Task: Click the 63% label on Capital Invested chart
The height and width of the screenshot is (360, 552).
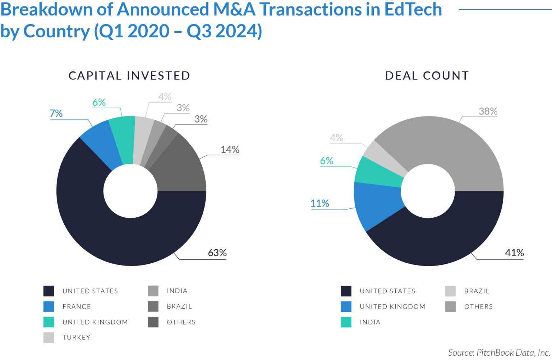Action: tap(217, 253)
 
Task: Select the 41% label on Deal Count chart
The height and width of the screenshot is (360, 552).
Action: tap(514, 253)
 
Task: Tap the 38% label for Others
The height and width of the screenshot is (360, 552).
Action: tap(488, 111)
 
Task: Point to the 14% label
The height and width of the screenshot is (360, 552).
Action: tap(230, 149)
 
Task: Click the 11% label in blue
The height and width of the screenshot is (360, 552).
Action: tap(319, 203)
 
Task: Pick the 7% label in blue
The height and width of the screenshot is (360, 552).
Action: tap(56, 114)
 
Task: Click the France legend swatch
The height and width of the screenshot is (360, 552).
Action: tap(49, 306)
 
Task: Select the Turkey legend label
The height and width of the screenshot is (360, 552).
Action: tap(76, 337)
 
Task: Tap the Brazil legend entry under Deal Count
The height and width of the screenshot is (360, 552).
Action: tap(476, 291)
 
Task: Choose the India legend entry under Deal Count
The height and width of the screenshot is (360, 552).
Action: tap(370, 322)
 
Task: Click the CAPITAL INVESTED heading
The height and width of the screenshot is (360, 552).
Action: tap(129, 76)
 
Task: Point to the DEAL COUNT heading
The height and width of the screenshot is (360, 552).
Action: tap(427, 76)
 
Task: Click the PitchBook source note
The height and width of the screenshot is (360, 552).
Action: tap(499, 352)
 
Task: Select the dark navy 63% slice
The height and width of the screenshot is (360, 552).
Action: tap(108, 234)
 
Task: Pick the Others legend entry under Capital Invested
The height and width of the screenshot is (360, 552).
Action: tap(181, 322)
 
